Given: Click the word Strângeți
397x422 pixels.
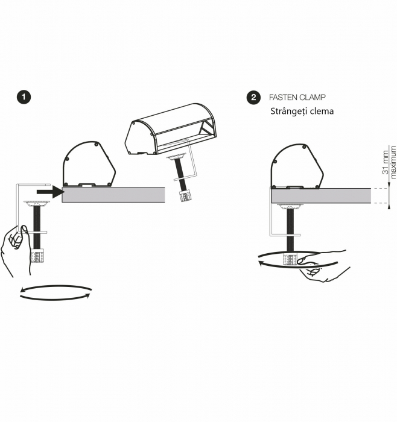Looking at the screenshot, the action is pos(291,112).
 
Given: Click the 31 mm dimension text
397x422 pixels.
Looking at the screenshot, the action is pos(386,163).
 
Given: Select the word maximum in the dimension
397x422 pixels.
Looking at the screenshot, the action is pos(393,162).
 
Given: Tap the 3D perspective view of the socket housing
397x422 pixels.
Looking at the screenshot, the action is pos(171,130).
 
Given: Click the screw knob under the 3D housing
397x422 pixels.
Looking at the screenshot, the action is pos(183,195).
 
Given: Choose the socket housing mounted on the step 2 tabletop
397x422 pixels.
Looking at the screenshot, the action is pos(296,167).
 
